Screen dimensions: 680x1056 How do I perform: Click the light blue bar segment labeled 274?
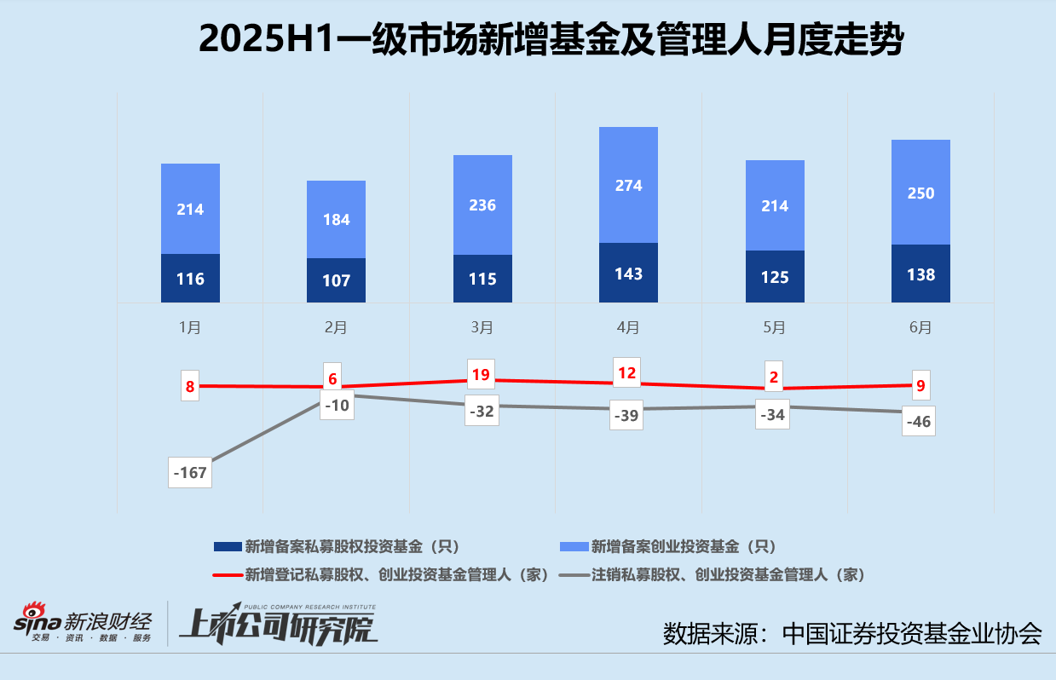[x=628, y=185]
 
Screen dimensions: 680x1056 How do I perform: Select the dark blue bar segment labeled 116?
[x=190, y=278]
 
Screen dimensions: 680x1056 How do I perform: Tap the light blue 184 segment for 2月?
[x=336, y=219]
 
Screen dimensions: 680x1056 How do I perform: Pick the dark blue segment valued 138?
[x=920, y=274]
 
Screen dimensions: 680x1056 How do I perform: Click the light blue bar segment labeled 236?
[x=482, y=205]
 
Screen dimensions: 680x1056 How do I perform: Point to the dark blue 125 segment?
[x=775, y=276]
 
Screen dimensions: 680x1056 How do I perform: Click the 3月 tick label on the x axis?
[x=482, y=327]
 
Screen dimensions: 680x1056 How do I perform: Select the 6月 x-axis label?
[x=920, y=327]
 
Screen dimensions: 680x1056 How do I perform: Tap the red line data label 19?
[x=481, y=375]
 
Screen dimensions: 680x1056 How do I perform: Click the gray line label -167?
[x=190, y=471]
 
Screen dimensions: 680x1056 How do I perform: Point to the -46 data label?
[x=919, y=422]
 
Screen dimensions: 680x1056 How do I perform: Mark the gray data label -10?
[x=336, y=406]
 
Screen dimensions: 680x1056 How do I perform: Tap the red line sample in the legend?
[x=228, y=575]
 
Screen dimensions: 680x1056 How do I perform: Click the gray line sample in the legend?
[x=574, y=575]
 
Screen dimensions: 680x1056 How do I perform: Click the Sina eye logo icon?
[x=35, y=614]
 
